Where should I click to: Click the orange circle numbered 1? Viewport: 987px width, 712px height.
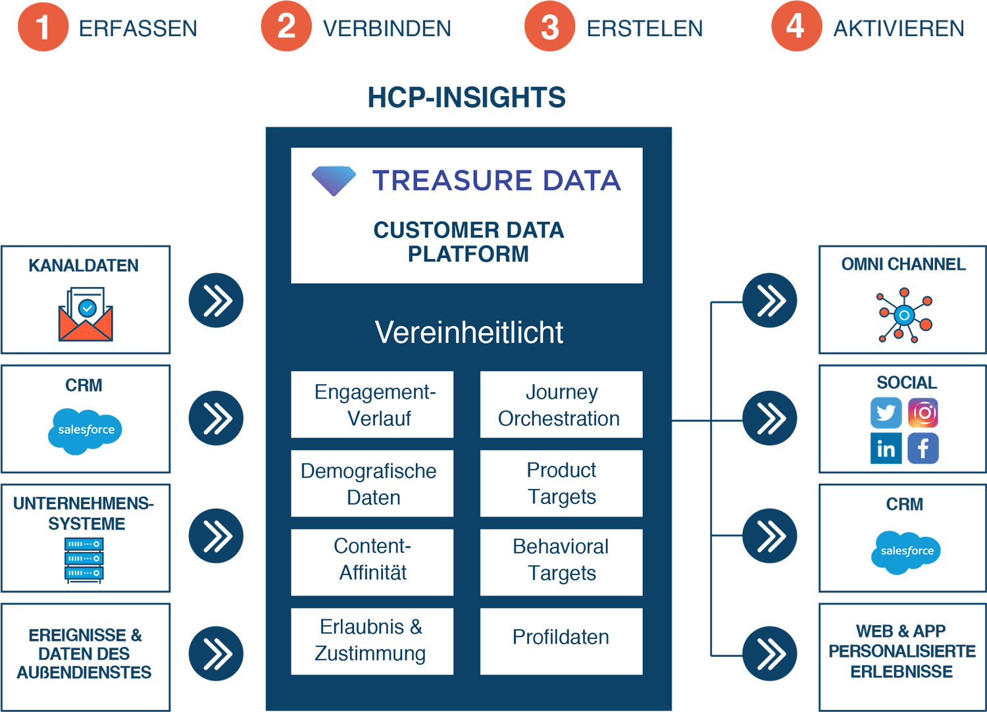43,27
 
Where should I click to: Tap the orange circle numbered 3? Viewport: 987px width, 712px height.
549,27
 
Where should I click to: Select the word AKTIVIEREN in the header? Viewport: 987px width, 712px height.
898,28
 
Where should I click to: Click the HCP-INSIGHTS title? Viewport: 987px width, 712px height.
467,97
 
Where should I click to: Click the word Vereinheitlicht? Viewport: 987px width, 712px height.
468,332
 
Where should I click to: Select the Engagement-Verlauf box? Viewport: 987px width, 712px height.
372,405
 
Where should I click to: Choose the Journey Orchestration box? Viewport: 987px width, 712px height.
561,405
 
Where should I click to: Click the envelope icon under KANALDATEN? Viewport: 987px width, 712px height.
86,315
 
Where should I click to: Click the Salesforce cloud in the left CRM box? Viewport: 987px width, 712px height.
86,430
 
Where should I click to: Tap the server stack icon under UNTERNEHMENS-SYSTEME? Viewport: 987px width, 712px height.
84,559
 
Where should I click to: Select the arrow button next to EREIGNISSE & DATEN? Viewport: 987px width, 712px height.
216,653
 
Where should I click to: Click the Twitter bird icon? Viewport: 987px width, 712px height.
886,413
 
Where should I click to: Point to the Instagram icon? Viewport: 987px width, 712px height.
923,413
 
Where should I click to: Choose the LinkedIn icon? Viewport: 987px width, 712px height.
886,448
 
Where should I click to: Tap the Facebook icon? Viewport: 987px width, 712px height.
923,448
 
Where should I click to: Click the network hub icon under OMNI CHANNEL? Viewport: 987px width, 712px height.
905,315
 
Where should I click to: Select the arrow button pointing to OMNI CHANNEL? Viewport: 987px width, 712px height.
769,301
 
